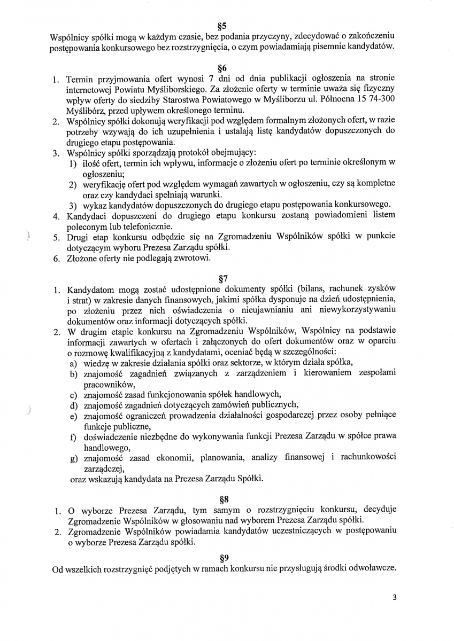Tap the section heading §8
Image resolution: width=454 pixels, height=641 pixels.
pos(224,499)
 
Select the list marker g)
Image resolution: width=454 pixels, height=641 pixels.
pos(74,458)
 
